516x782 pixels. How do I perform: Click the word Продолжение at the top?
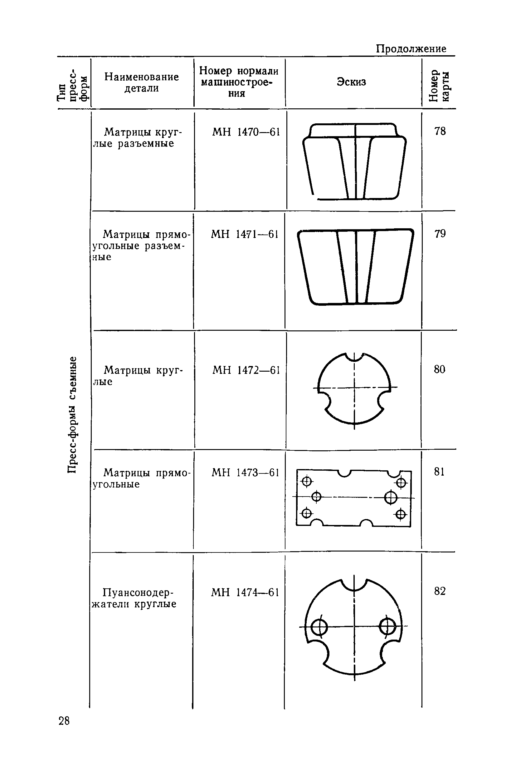pos(411,49)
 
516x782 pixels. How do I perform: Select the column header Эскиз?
pos(351,82)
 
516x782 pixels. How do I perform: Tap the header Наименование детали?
pos(142,82)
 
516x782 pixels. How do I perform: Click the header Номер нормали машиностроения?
pos(239,82)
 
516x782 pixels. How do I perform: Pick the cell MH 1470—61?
pos(246,132)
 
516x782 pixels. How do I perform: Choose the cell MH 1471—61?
pos(245,234)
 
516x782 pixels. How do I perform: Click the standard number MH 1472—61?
pos(246,370)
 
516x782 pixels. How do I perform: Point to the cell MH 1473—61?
pos(245,473)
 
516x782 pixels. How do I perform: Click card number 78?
pos(440,131)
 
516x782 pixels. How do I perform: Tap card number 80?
pos(439,369)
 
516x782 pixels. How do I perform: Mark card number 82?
pos(440,591)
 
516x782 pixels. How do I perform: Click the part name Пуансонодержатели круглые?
pos(135,598)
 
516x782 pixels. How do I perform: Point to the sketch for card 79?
pos(355,267)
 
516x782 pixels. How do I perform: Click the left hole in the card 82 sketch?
pos(319,627)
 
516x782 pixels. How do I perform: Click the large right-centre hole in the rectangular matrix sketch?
pos(391,497)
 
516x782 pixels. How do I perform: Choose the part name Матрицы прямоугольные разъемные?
pos(142,245)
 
